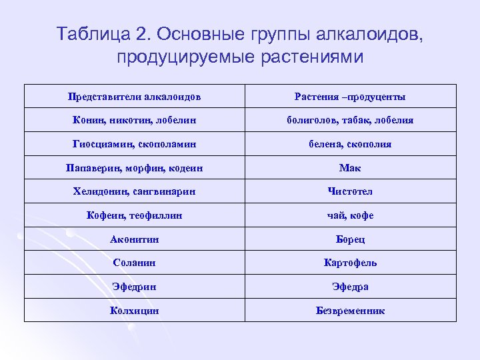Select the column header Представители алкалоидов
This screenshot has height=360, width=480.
[134, 97]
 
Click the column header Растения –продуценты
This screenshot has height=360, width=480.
[350, 97]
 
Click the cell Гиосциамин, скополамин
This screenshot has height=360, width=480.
[134, 144]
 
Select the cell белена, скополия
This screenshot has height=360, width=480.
[350, 144]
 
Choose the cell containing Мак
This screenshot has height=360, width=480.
[350, 168]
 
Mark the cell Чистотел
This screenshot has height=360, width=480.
[350, 192]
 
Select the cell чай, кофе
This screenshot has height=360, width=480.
[350, 215]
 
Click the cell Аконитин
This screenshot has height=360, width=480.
[134, 239]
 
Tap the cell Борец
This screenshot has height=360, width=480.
[350, 239]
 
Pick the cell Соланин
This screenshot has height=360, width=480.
[134, 263]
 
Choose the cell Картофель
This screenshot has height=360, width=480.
[350, 263]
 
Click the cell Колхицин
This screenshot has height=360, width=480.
[134, 311]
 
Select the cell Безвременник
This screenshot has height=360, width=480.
[350, 311]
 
